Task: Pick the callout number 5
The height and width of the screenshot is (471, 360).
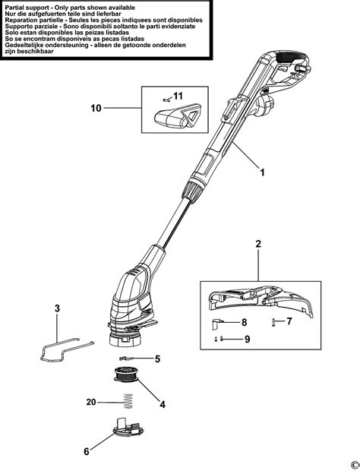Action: point(157,358)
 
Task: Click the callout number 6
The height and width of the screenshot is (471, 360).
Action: point(87,452)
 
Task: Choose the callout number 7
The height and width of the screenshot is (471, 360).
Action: point(289,321)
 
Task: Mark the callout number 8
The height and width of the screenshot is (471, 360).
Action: point(245,322)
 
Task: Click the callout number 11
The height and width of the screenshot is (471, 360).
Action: point(178,96)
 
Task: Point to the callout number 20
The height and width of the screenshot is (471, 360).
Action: point(91,402)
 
